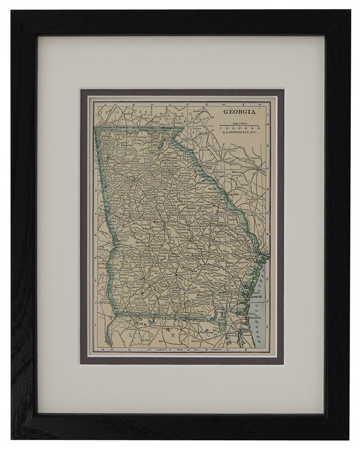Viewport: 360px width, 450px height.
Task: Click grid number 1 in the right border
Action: (x=269, y=120)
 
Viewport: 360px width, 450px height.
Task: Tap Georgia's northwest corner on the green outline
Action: (x=96, y=130)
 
